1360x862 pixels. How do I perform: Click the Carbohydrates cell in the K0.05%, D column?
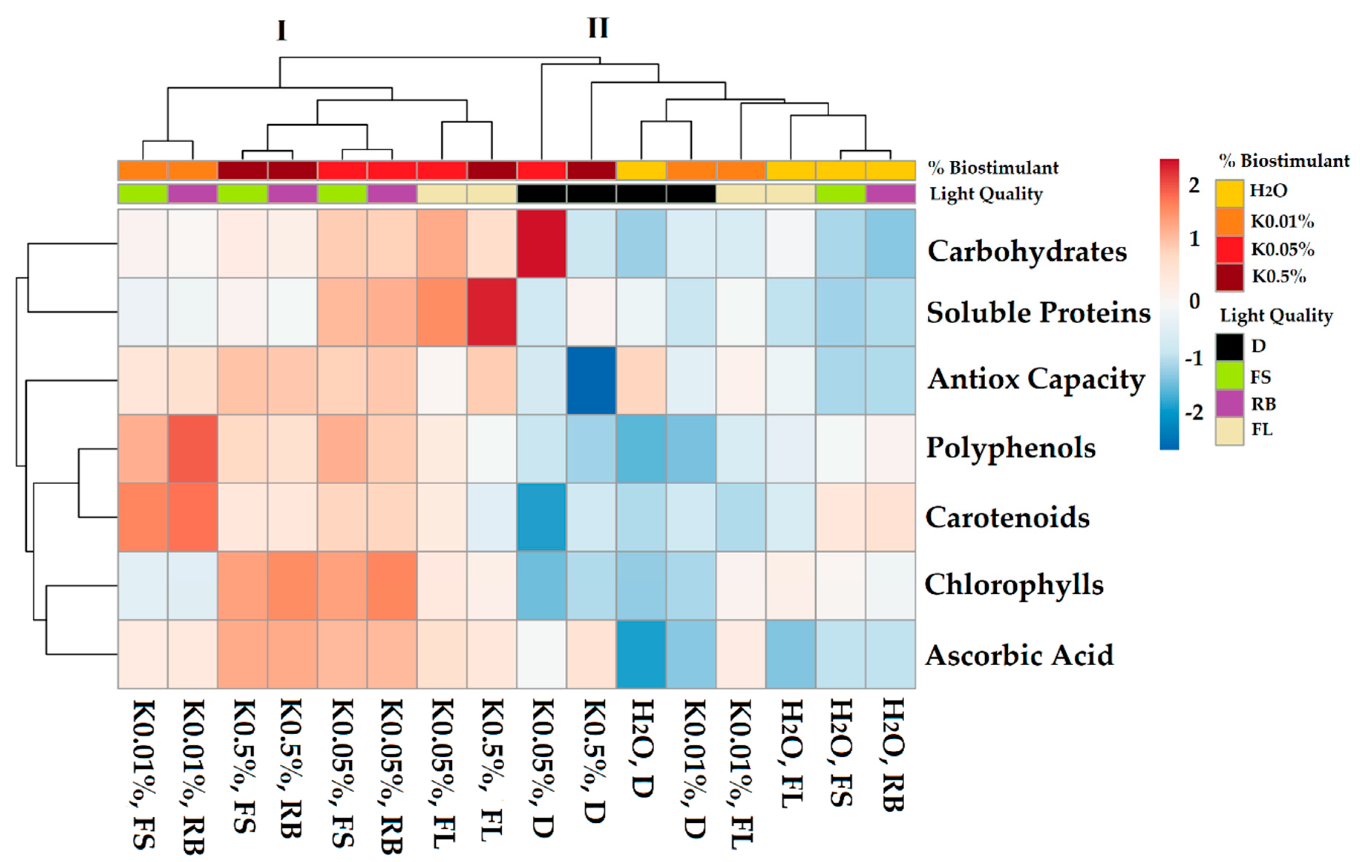[542, 243]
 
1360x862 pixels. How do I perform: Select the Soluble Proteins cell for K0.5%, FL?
[491, 312]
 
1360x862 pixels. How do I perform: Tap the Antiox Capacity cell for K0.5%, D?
[591, 380]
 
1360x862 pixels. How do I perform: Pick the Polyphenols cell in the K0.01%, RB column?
[193, 449]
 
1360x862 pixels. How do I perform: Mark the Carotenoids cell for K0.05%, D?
[542, 517]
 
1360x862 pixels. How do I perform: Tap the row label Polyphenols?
[1010, 448]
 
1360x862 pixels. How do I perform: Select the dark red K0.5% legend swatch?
[1229, 277]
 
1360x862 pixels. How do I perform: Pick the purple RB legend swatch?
[1229, 404]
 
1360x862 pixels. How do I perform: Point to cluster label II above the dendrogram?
[598, 28]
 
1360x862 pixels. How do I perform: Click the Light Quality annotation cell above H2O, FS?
[840, 194]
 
